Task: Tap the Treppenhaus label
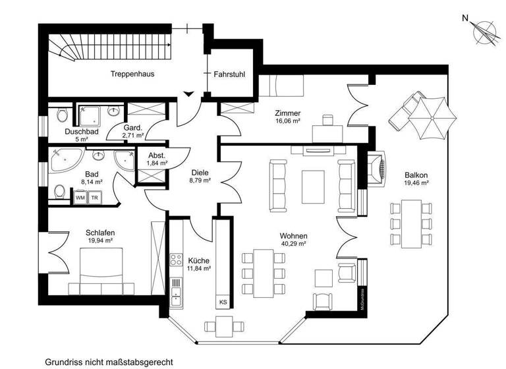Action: (132, 74)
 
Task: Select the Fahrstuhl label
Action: (229, 74)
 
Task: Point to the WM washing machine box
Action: (80, 197)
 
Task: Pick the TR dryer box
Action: (95, 197)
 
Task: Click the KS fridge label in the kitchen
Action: (223, 302)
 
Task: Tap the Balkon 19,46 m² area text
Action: (416, 180)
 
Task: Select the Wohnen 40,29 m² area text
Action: (294, 240)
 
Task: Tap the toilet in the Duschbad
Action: (62, 116)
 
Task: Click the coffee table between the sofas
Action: (312, 186)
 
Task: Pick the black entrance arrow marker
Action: (189, 94)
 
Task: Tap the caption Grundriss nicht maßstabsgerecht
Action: (109, 362)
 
